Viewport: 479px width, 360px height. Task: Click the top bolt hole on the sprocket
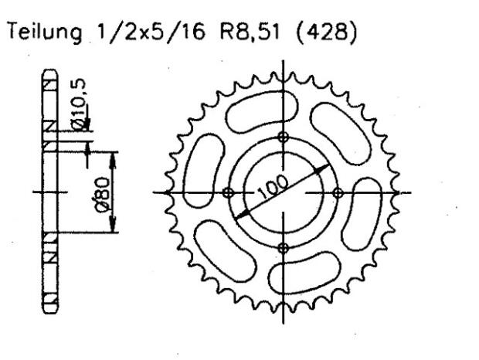[283, 137]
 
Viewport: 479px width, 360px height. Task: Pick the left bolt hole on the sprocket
[227, 192]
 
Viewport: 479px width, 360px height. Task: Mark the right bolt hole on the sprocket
[338, 192]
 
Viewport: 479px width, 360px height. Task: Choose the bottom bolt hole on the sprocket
[283, 247]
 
